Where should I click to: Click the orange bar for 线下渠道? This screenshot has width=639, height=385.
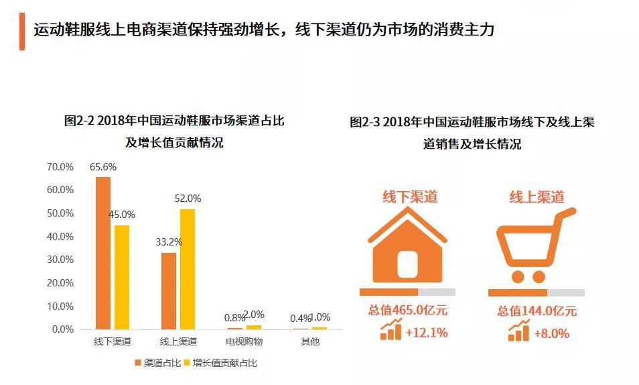(103, 253)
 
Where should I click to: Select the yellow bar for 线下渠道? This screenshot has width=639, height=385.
(121, 277)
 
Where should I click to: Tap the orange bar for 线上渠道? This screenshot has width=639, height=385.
(169, 290)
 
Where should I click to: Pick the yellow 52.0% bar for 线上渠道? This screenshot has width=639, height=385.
(188, 269)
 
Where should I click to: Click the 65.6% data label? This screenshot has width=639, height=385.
(103, 167)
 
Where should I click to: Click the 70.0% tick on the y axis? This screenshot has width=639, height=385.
(60, 166)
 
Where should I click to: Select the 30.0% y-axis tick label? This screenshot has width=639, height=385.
(60, 260)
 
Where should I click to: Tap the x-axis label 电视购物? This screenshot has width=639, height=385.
(244, 342)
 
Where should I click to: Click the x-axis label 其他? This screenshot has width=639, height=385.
(310, 342)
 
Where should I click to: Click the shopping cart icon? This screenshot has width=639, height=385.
(535, 246)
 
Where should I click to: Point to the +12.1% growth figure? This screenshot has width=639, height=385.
(427, 332)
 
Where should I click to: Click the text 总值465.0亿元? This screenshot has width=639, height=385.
(407, 311)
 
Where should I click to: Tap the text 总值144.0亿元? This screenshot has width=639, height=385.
(537, 311)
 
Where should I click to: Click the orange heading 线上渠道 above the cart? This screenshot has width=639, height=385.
(537, 197)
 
